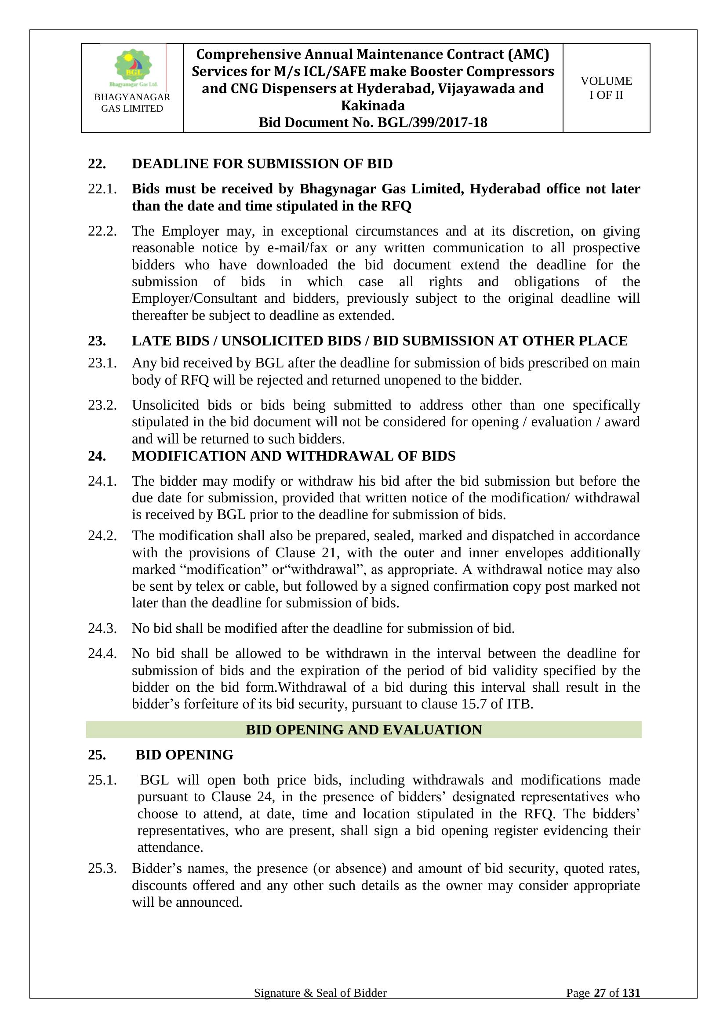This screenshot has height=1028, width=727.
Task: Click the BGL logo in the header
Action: point(133,67)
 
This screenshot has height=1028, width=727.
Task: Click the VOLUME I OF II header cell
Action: point(606,88)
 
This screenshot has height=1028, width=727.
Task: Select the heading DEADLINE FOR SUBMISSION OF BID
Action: point(262,164)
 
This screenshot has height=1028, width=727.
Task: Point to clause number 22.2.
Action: point(102,231)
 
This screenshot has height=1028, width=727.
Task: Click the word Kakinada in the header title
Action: point(372,105)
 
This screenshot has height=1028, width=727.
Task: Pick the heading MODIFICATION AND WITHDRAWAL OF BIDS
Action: point(293,456)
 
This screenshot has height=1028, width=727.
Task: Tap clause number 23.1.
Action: point(102,363)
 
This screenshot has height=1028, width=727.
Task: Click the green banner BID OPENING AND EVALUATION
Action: point(363,730)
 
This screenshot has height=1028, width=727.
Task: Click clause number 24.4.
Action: point(102,653)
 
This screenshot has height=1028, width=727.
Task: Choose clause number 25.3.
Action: point(102,868)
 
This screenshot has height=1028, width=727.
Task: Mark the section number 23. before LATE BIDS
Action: point(97,341)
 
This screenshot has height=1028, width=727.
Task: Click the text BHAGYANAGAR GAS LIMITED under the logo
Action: point(132,103)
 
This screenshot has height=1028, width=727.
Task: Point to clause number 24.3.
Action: point(102,628)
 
